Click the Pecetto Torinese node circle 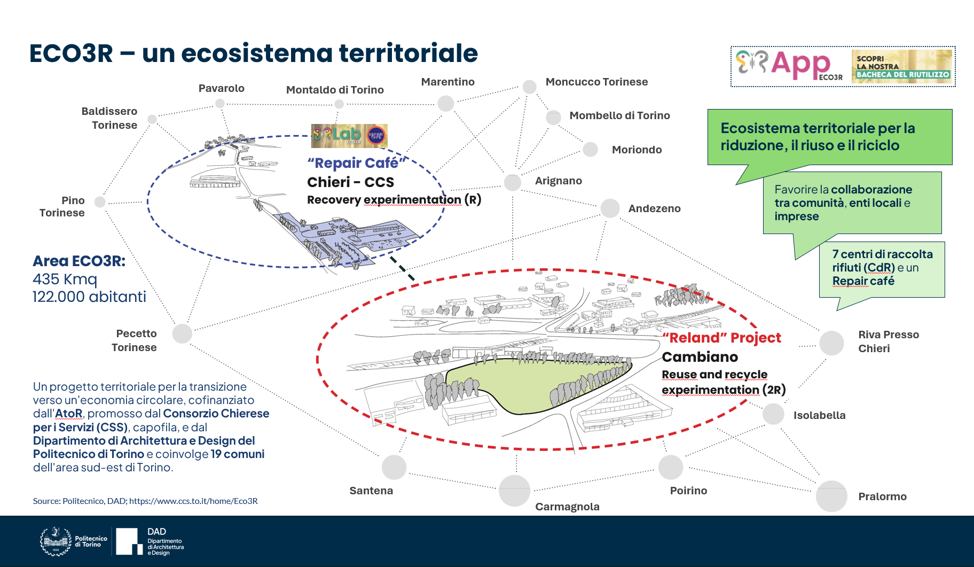[x=182, y=333]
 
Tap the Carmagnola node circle [x=514, y=491]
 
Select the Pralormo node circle [x=831, y=496]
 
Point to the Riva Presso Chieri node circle [x=831, y=343]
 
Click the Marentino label [x=447, y=82]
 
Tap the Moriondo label [x=637, y=150]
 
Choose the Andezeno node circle [x=610, y=208]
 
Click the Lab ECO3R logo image [x=349, y=136]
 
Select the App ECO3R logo [x=789, y=66]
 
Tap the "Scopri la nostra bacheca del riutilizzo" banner [x=901, y=66]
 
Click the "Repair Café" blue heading [x=357, y=163]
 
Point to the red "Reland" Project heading [x=721, y=338]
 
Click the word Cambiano [x=700, y=357]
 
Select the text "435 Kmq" [x=65, y=279]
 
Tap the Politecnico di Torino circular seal [x=56, y=541]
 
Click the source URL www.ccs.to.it [x=193, y=501]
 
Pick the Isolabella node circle [x=773, y=414]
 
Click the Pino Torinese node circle [x=100, y=201]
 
